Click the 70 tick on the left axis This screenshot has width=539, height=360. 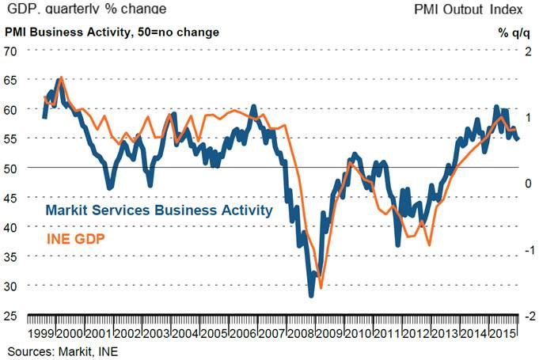11,51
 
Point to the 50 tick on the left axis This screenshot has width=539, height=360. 11,168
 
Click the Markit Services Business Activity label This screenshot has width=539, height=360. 159,210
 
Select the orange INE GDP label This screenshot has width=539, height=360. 76,237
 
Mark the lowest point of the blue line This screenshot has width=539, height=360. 311,295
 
